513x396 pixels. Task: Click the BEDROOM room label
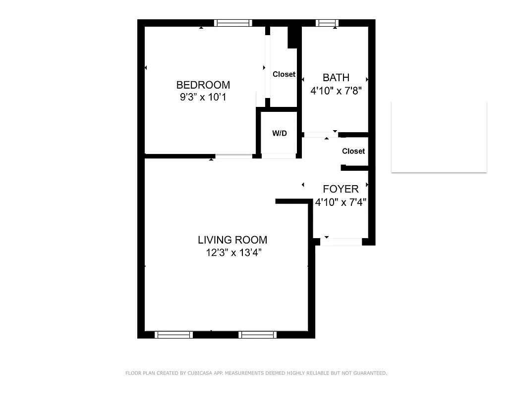(203, 85)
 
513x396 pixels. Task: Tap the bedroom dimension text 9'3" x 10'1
(203, 97)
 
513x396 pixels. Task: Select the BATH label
(336, 78)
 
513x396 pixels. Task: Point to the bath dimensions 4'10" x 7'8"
(336, 91)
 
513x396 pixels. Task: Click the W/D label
(280, 134)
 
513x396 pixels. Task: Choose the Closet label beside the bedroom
(284, 74)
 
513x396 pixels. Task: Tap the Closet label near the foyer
(353, 151)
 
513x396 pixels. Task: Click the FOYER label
(341, 189)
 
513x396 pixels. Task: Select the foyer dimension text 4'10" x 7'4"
(341, 202)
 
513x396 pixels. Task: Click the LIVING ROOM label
(232, 240)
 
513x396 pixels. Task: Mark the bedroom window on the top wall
(233, 23)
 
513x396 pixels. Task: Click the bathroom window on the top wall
(327, 23)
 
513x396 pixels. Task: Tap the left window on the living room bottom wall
(173, 335)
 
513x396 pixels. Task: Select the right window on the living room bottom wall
(257, 335)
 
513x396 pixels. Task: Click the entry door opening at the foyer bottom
(342, 242)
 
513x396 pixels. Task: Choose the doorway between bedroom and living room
(233, 156)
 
